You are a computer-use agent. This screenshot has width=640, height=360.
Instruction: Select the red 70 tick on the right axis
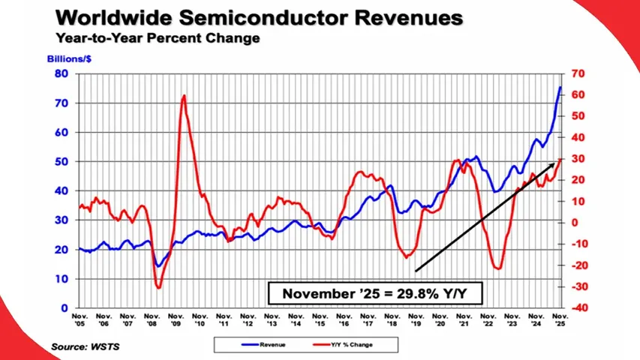coord(578,73)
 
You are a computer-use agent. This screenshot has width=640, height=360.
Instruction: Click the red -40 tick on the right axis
coord(578,307)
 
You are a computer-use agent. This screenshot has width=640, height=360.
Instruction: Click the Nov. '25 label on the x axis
coord(559,322)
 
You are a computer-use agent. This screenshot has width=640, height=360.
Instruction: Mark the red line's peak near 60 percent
coord(184,96)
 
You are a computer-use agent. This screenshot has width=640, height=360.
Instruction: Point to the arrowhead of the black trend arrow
coord(558,160)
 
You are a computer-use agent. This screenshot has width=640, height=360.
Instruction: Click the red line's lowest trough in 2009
coord(158,286)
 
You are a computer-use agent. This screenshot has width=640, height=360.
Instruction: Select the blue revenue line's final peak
coord(560,87)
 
